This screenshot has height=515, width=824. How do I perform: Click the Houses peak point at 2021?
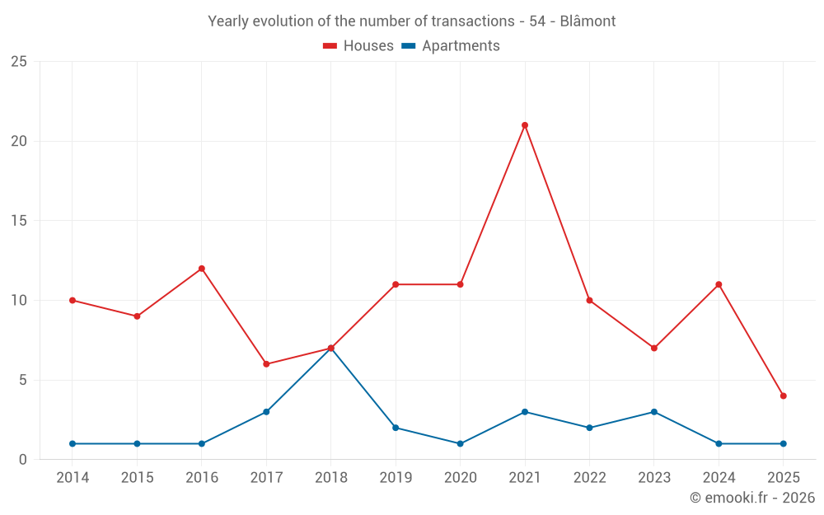(x=525, y=125)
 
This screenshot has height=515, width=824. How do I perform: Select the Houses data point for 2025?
(x=784, y=396)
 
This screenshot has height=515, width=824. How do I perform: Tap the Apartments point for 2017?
(x=266, y=412)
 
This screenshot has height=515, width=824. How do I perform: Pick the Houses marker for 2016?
(x=202, y=269)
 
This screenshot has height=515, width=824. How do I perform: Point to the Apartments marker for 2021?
(x=525, y=412)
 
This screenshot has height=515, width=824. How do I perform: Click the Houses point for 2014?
(x=73, y=301)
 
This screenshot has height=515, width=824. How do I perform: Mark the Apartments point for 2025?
(x=784, y=444)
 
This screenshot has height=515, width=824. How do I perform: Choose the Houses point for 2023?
(x=654, y=349)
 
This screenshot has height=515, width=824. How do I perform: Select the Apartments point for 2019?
(x=396, y=428)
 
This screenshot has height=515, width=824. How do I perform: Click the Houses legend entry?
(x=358, y=46)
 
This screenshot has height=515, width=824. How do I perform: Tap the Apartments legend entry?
(x=451, y=46)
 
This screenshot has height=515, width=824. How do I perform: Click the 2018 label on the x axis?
(x=331, y=478)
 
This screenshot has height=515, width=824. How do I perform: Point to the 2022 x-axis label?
(x=590, y=478)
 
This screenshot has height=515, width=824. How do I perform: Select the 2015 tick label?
(x=138, y=478)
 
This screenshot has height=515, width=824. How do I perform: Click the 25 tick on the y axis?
(x=19, y=62)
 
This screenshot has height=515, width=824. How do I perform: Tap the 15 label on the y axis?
(x=19, y=221)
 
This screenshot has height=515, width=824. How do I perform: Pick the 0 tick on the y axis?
(x=23, y=460)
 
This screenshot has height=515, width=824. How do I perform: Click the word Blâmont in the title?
(x=588, y=21)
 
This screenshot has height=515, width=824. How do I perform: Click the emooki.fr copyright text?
(x=752, y=498)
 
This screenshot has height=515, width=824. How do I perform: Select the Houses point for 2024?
(x=719, y=285)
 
